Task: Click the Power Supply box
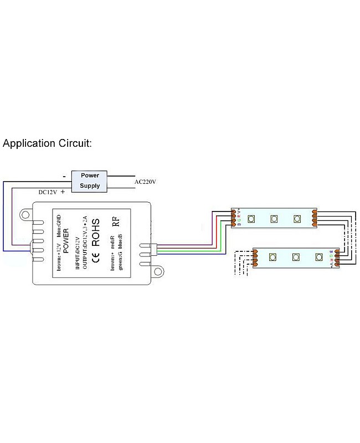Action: click(x=90, y=181)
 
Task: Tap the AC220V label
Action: click(x=146, y=182)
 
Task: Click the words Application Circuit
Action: click(x=47, y=143)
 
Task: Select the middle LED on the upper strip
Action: click(x=274, y=218)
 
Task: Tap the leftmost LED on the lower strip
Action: click(x=272, y=257)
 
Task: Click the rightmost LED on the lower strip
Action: click(x=318, y=257)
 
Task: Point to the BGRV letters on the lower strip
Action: click(x=331, y=257)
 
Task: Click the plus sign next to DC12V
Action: click(x=62, y=192)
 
